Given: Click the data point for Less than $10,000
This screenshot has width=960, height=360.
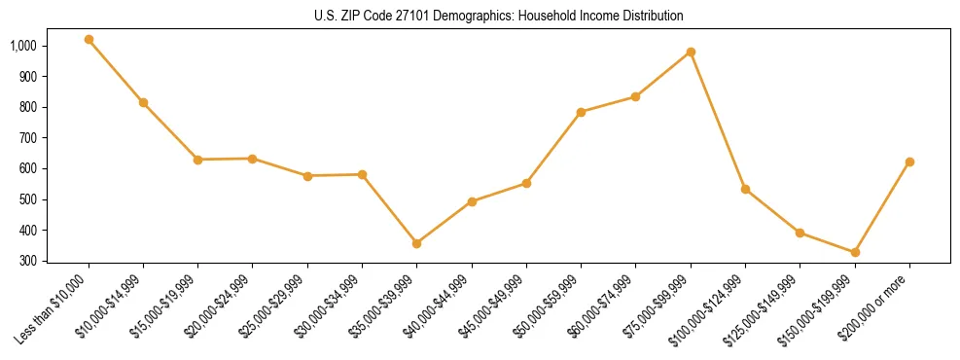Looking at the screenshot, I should pyautogui.click(x=89, y=40).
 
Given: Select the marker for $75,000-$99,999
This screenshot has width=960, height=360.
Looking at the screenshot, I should pyautogui.click(x=691, y=52).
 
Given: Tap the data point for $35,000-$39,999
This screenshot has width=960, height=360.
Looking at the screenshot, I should pyautogui.click(x=417, y=243).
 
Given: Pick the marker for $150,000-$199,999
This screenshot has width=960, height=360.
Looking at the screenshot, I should pyautogui.click(x=855, y=252).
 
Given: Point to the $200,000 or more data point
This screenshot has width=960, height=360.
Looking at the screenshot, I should pyautogui.click(x=909, y=162).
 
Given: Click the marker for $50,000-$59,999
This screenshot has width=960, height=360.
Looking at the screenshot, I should pyautogui.click(x=581, y=112).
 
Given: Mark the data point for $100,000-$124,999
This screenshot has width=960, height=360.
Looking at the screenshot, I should pyautogui.click(x=745, y=189).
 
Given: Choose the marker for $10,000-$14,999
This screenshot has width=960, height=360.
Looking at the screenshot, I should pyautogui.click(x=143, y=102).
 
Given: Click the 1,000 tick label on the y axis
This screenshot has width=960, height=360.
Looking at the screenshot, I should pyautogui.click(x=23, y=46).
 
